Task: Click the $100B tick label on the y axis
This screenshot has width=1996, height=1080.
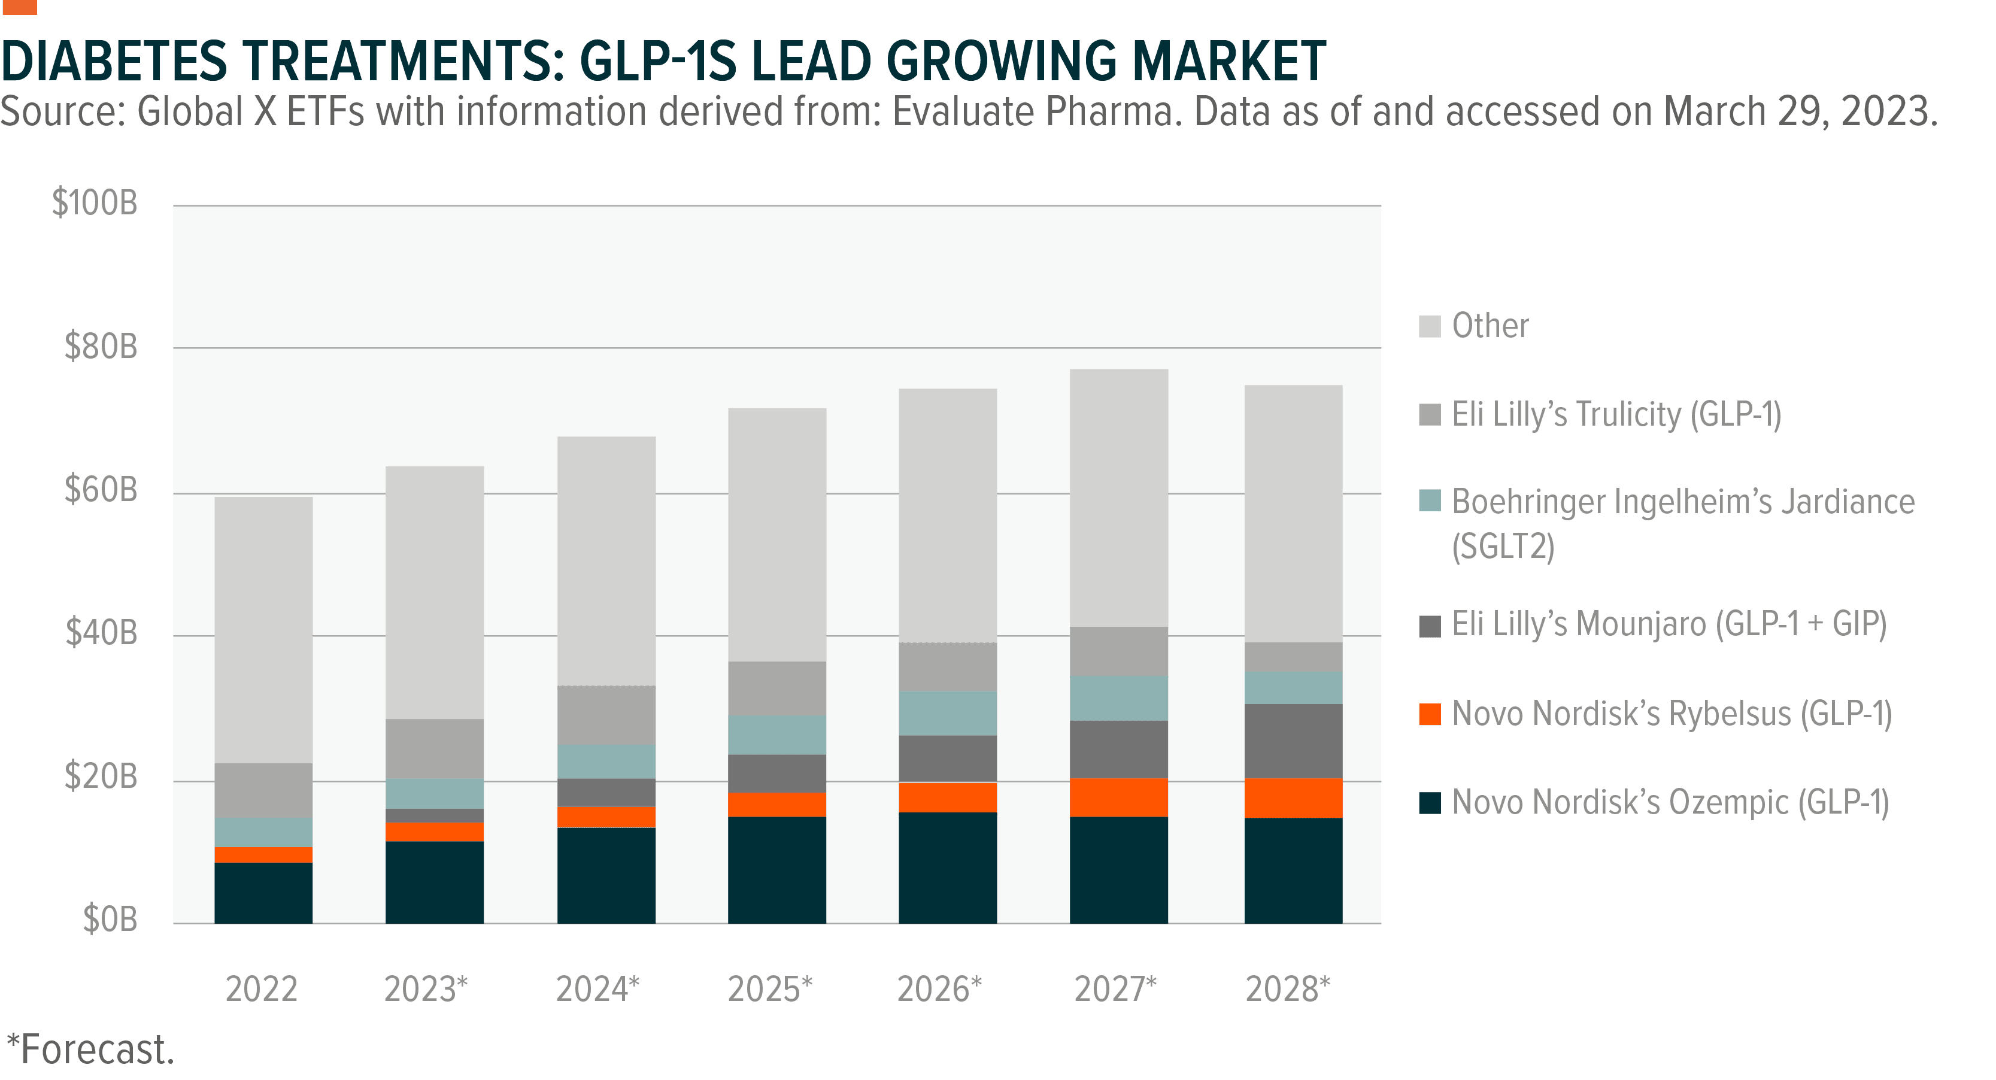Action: coord(94,203)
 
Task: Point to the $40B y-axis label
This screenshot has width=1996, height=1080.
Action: coord(101,633)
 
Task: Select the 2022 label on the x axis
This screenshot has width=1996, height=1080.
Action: coord(261,990)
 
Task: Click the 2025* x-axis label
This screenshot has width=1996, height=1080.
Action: coord(769,990)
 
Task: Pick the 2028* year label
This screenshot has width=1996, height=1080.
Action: coord(1287,990)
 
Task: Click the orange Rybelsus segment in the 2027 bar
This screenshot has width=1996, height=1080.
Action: coord(1118,797)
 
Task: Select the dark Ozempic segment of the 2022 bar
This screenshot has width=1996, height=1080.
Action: coord(263,893)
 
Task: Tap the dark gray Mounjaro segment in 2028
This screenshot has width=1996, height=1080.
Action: coord(1293,741)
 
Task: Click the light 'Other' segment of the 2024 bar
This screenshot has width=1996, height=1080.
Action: coord(606,561)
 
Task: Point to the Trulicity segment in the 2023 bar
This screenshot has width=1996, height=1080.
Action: coord(435,748)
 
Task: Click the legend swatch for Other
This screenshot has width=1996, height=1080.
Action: coord(1430,326)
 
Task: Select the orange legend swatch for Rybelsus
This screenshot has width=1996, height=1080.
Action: coord(1430,714)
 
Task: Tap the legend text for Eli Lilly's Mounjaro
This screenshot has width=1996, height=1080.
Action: coord(1669,624)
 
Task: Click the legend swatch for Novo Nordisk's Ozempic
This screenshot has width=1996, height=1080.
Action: coord(1430,803)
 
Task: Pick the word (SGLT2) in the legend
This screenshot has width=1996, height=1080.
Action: coord(1503,547)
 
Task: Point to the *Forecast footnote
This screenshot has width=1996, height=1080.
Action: coord(89,1050)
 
